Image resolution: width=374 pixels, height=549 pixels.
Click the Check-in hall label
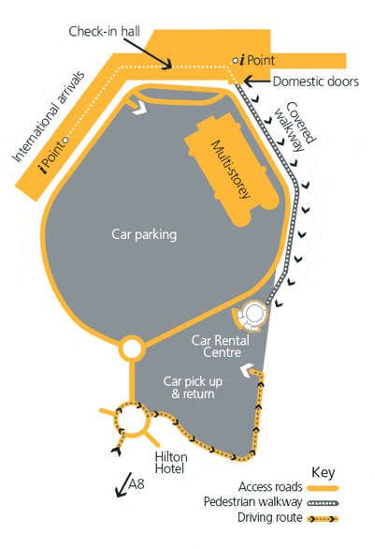[104, 32]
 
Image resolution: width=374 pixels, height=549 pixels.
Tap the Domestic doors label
[316, 82]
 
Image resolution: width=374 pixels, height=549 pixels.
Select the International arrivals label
[49, 116]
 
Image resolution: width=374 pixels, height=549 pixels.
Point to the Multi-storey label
[231, 170]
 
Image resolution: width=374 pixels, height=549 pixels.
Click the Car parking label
[144, 234]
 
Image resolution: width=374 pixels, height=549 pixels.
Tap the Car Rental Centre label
[221, 346]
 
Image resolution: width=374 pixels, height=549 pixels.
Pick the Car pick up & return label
[193, 387]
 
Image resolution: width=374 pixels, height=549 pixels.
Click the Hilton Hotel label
[171, 463]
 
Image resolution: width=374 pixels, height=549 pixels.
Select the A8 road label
[137, 483]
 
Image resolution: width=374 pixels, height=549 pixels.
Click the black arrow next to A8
[123, 485]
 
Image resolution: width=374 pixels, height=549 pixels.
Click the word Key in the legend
[323, 473]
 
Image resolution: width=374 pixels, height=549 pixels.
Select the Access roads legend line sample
[323, 488]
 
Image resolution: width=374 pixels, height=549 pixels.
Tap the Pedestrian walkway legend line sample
[323, 503]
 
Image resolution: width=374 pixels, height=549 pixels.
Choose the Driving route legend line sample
[323, 518]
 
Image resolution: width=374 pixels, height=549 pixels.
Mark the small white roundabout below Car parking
[132, 349]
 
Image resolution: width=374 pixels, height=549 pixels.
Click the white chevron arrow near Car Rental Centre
[248, 371]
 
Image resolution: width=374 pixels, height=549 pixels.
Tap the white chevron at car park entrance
[139, 108]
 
